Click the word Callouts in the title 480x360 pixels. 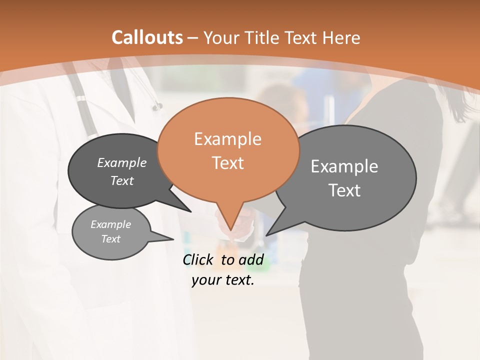[x=147, y=37]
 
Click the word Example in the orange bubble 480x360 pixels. [x=227, y=139]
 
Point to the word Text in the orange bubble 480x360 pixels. [x=228, y=163]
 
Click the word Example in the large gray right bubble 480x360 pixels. [x=344, y=166]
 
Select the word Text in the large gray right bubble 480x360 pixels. [x=344, y=190]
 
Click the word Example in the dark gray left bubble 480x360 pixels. [x=121, y=162]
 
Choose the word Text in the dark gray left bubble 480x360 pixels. [x=121, y=180]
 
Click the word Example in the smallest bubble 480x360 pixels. [x=110, y=224]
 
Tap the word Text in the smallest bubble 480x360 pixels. [x=110, y=239]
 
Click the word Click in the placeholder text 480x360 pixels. [x=197, y=259]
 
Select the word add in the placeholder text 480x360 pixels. [x=251, y=259]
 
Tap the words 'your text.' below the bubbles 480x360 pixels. [x=223, y=280]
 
